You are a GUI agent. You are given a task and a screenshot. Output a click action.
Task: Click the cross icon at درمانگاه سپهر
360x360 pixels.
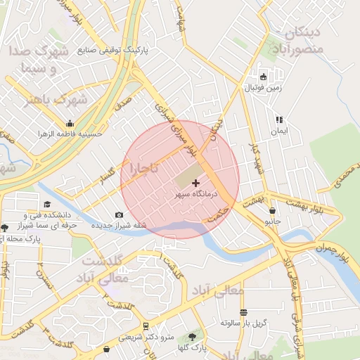195,183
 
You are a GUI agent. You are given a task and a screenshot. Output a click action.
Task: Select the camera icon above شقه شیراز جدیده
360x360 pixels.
119,215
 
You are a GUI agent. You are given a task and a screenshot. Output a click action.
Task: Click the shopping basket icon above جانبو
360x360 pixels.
272,210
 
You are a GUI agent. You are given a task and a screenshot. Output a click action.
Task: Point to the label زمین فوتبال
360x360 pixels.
262,88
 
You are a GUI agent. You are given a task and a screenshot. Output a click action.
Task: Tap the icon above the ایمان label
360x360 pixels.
279,120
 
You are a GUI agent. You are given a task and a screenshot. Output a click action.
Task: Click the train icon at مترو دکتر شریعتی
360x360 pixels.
146,326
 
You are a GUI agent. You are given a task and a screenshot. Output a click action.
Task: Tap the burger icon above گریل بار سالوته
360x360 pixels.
243,312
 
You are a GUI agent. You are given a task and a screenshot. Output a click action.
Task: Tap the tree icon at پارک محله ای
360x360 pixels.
5,228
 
